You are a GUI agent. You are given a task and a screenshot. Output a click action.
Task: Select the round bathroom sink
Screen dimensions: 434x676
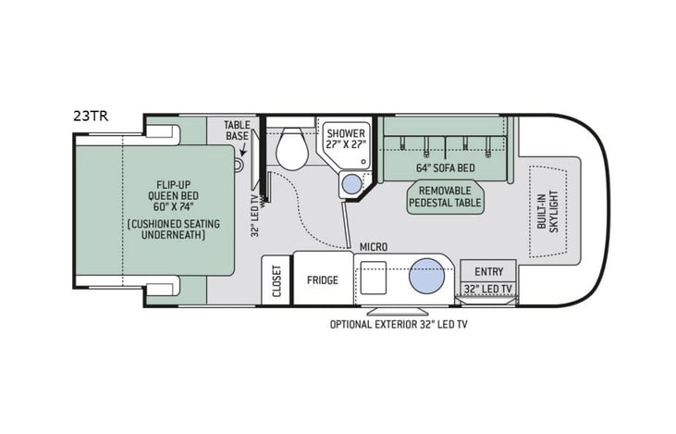point(352,185)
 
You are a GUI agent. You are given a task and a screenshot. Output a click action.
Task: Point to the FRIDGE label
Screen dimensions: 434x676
point(322,280)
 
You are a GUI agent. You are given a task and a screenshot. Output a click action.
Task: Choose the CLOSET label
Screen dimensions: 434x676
point(276,279)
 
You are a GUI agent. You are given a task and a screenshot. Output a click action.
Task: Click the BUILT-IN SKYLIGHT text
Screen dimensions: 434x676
point(547,212)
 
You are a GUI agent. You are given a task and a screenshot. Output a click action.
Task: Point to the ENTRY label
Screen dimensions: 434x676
point(488,271)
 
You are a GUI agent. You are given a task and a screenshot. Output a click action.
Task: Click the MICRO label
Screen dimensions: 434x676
point(374,246)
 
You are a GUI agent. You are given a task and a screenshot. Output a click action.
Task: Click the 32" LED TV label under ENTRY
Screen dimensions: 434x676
point(488,289)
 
